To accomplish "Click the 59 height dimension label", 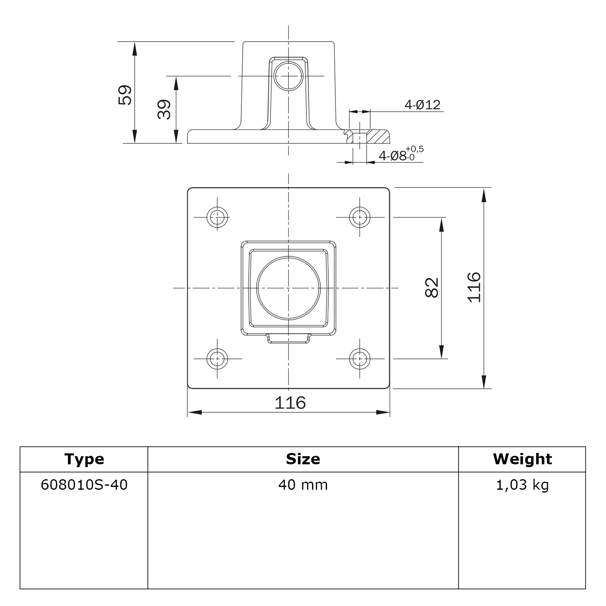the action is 125,95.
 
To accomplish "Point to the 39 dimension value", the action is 164,109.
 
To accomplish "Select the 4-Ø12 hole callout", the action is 422,105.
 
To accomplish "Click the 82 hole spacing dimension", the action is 432,287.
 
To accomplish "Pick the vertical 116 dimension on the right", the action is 474,287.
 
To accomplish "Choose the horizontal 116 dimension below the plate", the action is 290,403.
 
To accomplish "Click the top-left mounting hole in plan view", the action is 217,217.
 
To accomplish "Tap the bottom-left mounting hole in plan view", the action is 217,359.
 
